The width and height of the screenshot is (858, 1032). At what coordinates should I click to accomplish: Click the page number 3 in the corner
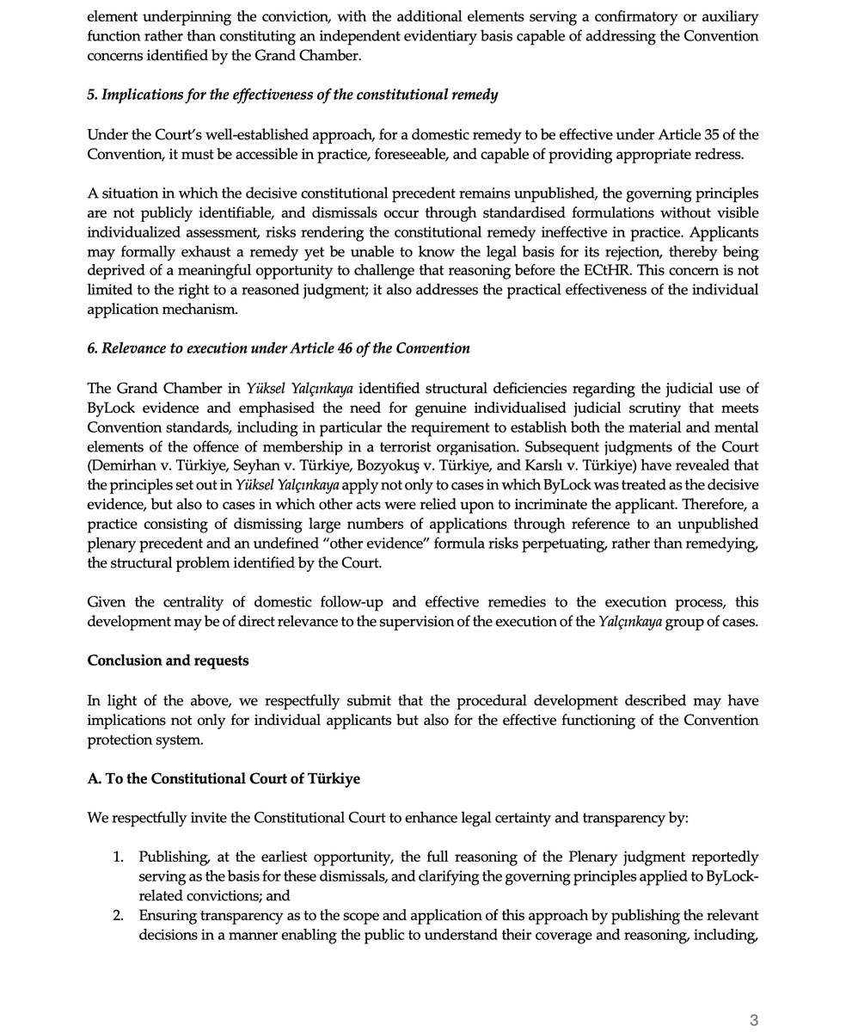click(x=754, y=1020)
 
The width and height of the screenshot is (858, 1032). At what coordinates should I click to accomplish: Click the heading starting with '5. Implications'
click(x=292, y=95)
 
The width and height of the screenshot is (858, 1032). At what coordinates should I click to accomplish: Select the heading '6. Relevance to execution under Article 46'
click(x=279, y=348)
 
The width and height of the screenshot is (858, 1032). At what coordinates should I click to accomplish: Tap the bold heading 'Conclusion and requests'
click(x=168, y=660)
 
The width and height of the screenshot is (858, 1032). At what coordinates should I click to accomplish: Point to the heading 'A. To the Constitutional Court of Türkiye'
click(x=224, y=778)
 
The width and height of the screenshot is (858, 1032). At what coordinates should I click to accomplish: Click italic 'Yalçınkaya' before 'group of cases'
click(x=630, y=621)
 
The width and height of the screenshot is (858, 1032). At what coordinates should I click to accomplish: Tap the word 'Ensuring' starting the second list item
click(x=169, y=915)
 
